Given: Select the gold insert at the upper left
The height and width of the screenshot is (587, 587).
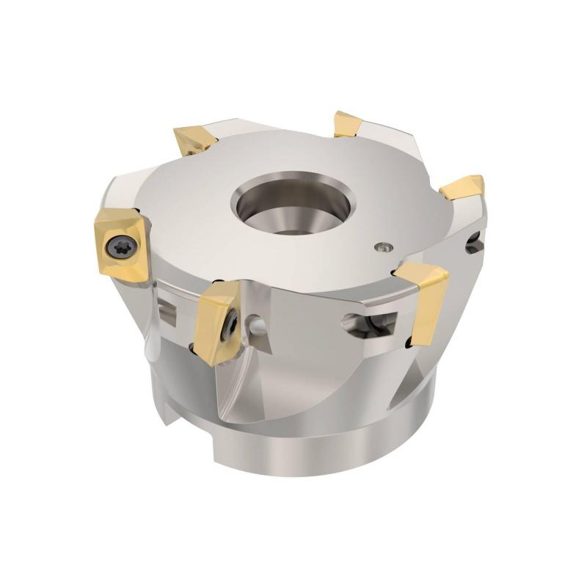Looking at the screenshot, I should click(193, 139).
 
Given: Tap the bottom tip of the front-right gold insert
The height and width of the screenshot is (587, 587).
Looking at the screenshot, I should click(415, 341).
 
